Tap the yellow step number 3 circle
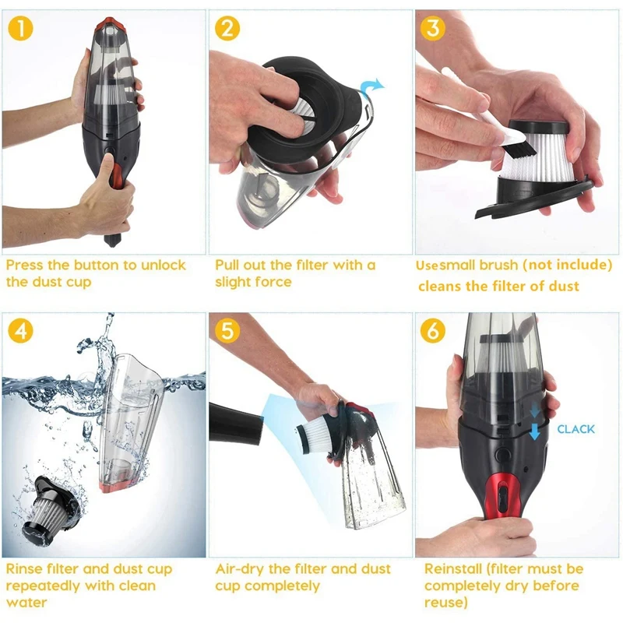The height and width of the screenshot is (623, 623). (433, 29)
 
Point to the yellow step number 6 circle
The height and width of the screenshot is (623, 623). (433, 330)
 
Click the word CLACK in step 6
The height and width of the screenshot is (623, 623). (575, 429)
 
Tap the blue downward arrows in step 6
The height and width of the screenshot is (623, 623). (534, 422)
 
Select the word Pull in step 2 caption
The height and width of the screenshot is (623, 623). (230, 265)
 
